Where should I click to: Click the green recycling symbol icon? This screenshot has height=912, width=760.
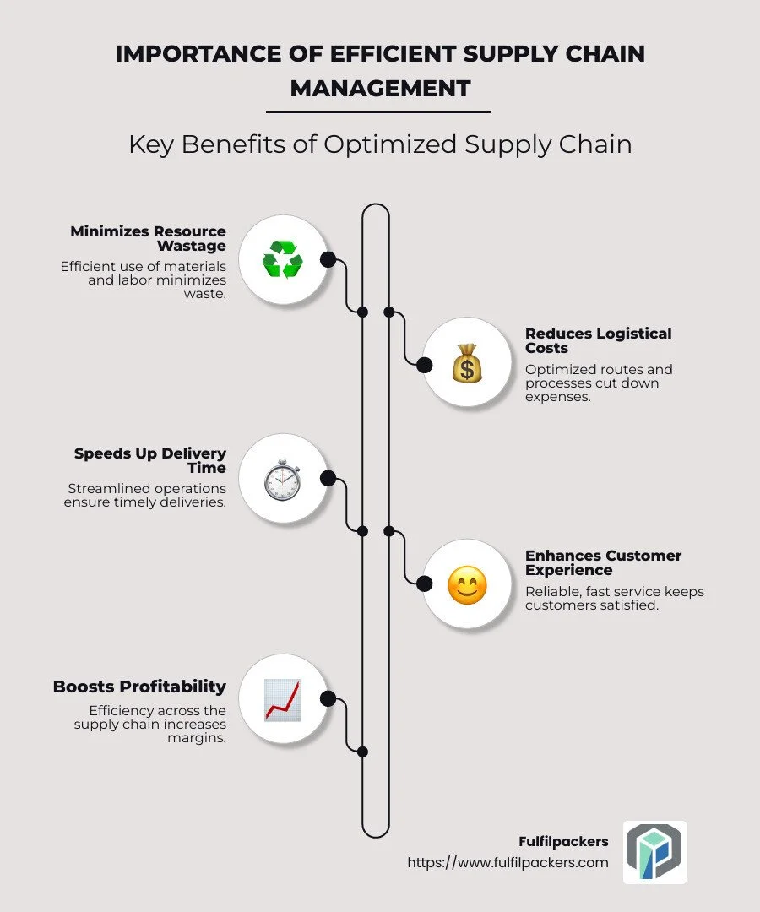(x=282, y=259)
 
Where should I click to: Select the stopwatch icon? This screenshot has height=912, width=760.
(x=282, y=479)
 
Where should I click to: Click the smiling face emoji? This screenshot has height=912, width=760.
(x=466, y=584)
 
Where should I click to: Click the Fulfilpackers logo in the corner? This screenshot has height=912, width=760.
(x=654, y=852)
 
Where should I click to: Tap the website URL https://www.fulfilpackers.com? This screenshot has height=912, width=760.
(x=508, y=862)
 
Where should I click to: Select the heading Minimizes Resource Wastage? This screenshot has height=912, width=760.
(x=149, y=238)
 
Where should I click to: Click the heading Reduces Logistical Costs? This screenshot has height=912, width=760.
(x=598, y=340)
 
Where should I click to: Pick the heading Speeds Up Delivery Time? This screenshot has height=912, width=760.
(x=150, y=460)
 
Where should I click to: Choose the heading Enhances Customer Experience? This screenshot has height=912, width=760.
(x=603, y=562)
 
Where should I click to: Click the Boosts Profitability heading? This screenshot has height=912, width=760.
(x=139, y=687)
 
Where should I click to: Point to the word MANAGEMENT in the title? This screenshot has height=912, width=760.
(x=380, y=87)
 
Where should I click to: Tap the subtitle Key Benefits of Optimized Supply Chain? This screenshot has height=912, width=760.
(x=380, y=144)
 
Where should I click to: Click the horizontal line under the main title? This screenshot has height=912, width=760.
(x=378, y=111)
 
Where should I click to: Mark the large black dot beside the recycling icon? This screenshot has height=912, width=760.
(x=328, y=259)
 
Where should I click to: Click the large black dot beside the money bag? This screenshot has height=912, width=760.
(x=425, y=365)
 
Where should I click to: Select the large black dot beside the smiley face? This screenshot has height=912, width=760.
(x=425, y=584)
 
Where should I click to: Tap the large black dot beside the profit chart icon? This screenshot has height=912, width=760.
(x=328, y=698)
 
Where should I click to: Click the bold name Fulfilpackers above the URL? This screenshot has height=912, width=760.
(x=563, y=842)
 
